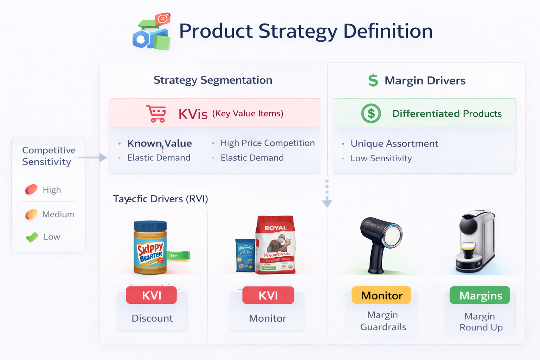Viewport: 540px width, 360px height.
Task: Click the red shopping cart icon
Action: coord(156,114)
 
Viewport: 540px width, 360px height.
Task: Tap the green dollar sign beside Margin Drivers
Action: coord(373,81)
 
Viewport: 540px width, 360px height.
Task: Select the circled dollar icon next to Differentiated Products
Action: coord(371,114)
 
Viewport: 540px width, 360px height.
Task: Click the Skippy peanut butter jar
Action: coord(150,248)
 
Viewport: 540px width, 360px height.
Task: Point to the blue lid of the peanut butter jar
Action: coord(150,226)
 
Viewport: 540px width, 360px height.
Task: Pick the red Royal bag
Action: coord(275,245)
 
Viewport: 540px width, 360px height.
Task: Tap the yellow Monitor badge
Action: coord(381,295)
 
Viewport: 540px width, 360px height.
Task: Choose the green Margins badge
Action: coord(480,295)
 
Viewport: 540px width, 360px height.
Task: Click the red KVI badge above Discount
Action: coord(152,295)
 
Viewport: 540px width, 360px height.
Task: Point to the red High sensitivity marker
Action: coord(31,189)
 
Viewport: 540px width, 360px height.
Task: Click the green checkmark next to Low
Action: coord(32,237)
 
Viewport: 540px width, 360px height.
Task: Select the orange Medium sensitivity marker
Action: coord(31,214)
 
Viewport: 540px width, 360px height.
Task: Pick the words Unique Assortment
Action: coord(394,143)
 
